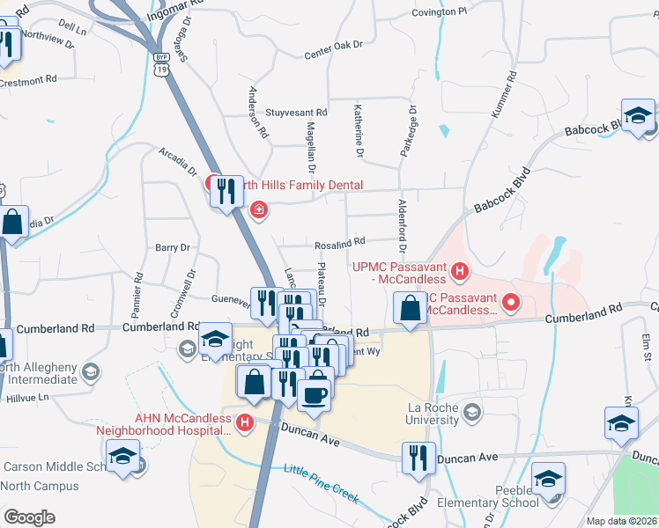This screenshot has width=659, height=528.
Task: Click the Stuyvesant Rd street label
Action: (x=296, y=113)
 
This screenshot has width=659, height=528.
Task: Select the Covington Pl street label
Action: (x=439, y=12)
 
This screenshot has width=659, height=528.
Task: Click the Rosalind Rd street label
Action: (x=340, y=242)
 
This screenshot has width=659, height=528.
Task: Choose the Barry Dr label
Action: (x=173, y=248)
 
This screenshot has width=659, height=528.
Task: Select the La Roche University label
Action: (x=433, y=414)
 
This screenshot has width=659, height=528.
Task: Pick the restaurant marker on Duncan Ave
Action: (x=417, y=457)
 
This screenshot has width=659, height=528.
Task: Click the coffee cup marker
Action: (x=315, y=393)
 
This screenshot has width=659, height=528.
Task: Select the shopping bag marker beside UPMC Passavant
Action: (x=410, y=308)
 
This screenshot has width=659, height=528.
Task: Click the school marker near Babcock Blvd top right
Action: (x=638, y=116)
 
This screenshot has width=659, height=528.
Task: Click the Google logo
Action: (x=29, y=517)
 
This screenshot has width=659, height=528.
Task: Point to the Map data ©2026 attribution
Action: (x=622, y=521)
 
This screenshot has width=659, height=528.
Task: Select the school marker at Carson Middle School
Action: (x=122, y=456)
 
